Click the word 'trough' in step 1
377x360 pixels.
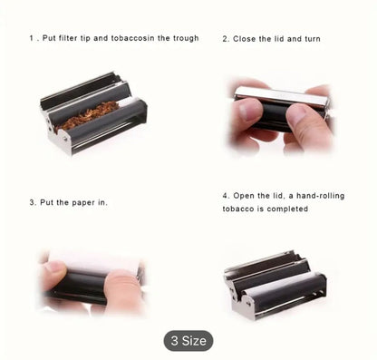click(186, 39)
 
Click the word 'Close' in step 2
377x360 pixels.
click(244, 39)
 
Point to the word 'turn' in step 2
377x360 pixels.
click(312, 39)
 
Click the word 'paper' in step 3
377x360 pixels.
click(83, 203)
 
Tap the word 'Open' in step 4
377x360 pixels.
click(244, 196)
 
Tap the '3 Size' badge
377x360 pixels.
click(188, 341)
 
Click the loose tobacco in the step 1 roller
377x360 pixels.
click(87, 114)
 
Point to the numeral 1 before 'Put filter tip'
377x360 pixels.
click(31, 38)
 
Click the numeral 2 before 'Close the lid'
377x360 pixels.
click(225, 39)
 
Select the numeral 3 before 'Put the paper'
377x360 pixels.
click(32, 202)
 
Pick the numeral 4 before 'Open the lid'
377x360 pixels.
click(225, 196)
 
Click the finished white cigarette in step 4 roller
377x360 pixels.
click(281, 284)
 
